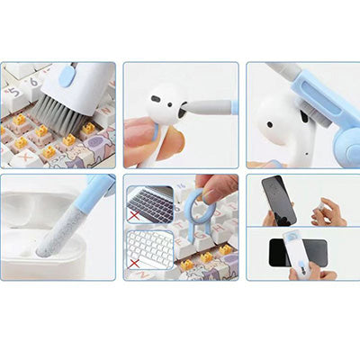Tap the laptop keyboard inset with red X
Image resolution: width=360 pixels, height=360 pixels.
pyautogui.click(x=150, y=206)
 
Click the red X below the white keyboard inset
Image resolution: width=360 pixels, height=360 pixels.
pyautogui.click(x=134, y=263)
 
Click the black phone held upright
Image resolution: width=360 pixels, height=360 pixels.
pyautogui.click(x=278, y=200)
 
